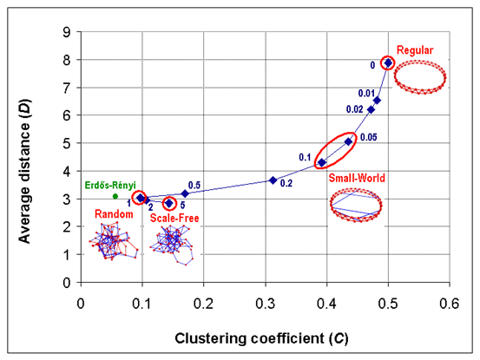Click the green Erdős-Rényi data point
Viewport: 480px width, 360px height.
[x=115, y=196]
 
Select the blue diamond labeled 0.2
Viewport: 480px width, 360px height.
[x=273, y=180]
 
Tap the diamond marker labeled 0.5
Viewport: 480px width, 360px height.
[x=185, y=193]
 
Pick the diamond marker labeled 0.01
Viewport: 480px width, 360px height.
[x=377, y=101]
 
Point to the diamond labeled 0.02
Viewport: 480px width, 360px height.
[x=371, y=110]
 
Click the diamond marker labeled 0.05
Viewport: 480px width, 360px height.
[x=348, y=141]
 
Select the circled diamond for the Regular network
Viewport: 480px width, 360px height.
[x=388, y=62]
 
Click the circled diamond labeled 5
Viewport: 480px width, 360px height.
[x=169, y=203]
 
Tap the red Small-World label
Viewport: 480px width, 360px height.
[x=357, y=178]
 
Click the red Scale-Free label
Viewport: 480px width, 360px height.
[x=174, y=218]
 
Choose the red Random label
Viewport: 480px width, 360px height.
[x=114, y=213]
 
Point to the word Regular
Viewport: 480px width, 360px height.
[x=415, y=50]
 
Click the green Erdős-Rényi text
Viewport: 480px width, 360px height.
[x=110, y=185]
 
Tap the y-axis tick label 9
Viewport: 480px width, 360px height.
[x=67, y=32]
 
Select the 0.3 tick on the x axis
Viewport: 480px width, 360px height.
[x=265, y=304]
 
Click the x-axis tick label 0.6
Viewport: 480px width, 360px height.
[x=450, y=304]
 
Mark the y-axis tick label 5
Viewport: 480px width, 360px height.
[x=67, y=143]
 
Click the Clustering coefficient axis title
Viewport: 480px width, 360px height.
[x=261, y=338]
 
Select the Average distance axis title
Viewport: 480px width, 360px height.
[x=25, y=171]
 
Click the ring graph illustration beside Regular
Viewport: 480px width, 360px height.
[x=420, y=77]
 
